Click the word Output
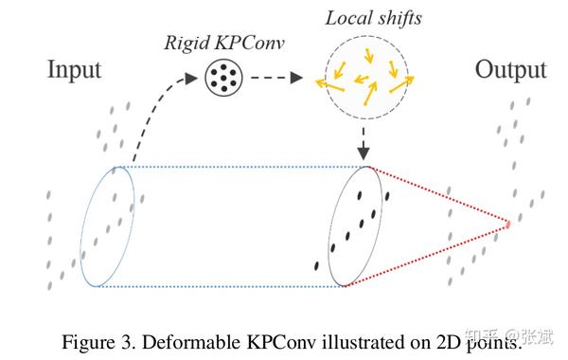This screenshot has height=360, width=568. (511, 70)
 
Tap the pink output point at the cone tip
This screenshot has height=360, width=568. (507, 225)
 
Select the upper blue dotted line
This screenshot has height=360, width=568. (237, 167)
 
